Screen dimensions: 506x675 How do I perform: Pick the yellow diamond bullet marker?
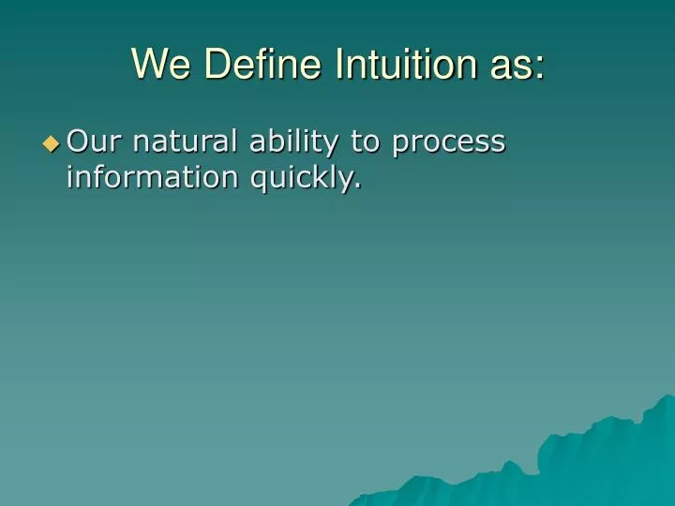point(51,143)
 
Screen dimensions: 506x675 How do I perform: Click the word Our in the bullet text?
point(91,141)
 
